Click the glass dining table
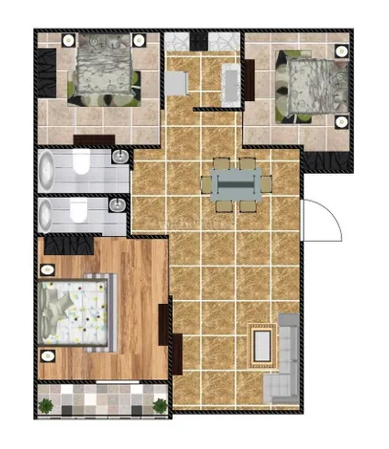(235, 182)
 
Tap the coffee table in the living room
(260, 343)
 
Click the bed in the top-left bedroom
(102, 68)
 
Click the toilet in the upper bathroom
(82, 166)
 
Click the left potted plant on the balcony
(45, 408)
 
